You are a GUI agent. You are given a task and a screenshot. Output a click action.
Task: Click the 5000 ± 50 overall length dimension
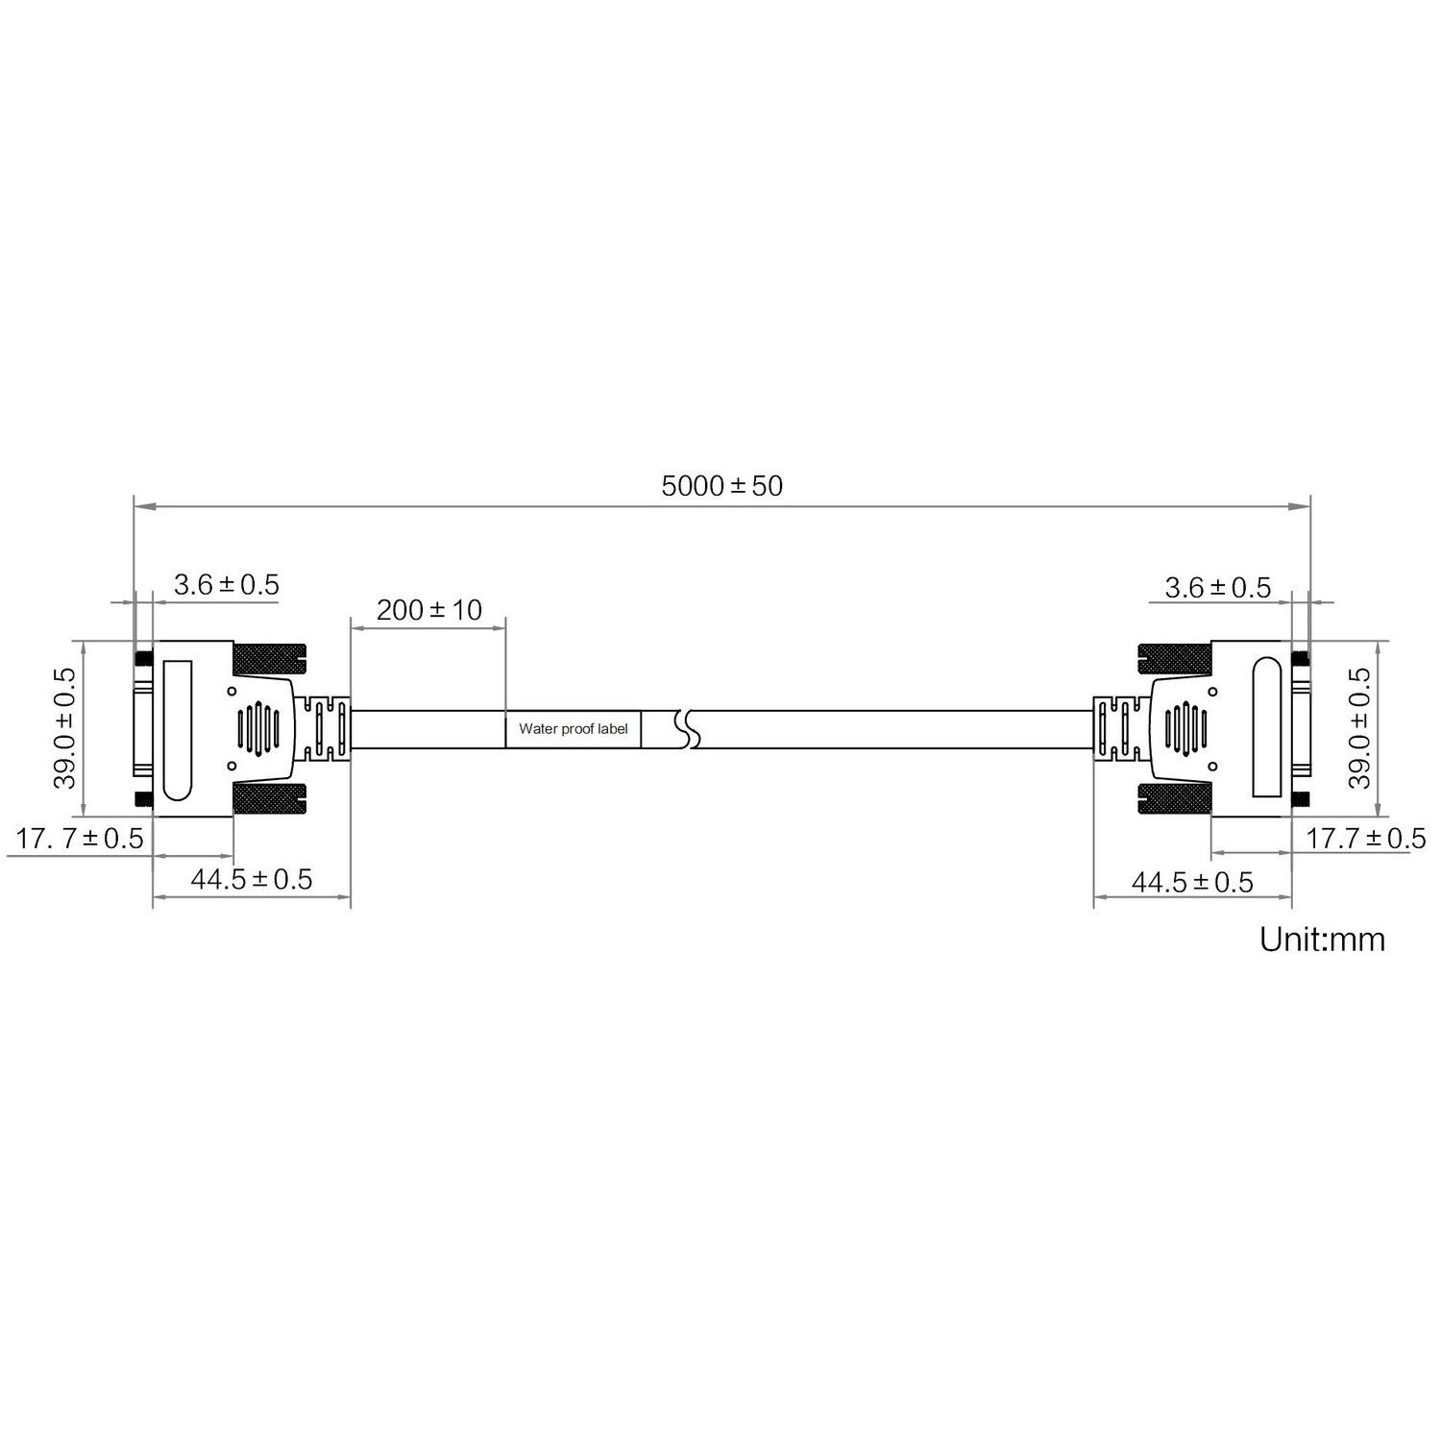pyautogui.click(x=722, y=485)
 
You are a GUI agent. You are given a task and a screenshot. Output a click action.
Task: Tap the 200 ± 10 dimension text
pyautogui.click(x=429, y=609)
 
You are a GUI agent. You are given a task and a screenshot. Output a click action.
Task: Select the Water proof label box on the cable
pyautogui.click(x=574, y=729)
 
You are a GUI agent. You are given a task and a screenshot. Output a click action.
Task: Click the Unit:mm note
pyautogui.click(x=1323, y=939)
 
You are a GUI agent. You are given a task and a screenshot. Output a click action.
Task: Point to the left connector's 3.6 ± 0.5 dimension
pyautogui.click(x=226, y=584)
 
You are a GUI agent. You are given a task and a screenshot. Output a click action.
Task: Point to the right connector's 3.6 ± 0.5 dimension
pyautogui.click(x=1217, y=587)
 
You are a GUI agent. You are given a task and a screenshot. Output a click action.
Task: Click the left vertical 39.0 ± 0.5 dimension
pyautogui.click(x=65, y=727)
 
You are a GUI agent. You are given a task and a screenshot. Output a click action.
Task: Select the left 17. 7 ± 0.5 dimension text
pyautogui.click(x=80, y=839)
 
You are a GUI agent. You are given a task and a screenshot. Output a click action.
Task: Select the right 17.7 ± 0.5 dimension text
pyautogui.click(x=1365, y=839)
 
